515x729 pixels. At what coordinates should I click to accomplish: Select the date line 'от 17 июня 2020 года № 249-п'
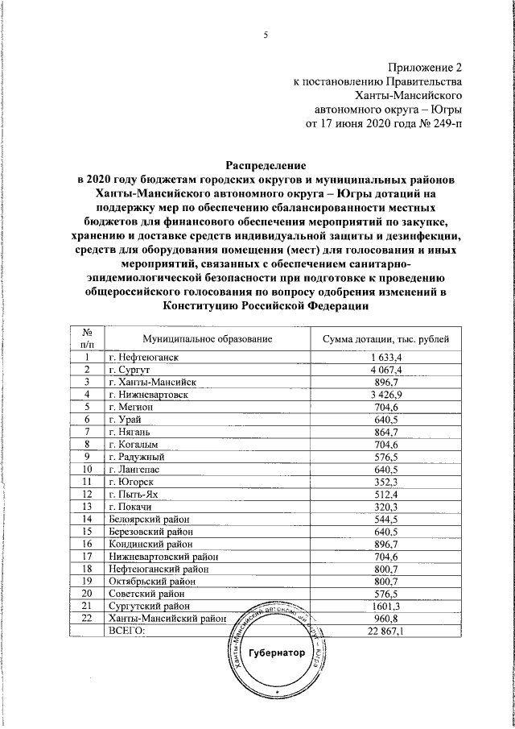pyautogui.click(x=385, y=123)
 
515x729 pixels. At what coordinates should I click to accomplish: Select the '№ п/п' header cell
pyautogui.click(x=87, y=338)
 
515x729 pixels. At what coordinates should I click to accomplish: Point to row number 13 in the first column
pyautogui.click(x=87, y=507)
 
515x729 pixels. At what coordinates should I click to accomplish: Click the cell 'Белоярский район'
pyautogui.click(x=148, y=520)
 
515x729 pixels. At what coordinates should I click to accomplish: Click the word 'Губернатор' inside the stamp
pyautogui.click(x=277, y=652)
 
